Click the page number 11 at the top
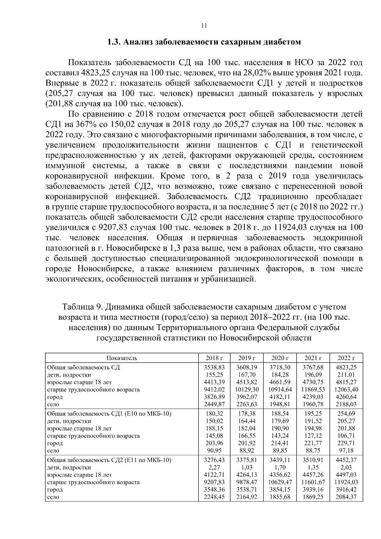(x=204, y=26)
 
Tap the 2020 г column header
(x=280, y=358)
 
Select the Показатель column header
(x=122, y=358)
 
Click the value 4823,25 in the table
(x=347, y=367)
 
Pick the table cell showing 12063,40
(x=347, y=389)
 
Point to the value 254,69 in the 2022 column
(x=347, y=414)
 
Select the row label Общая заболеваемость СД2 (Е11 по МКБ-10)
(x=109, y=460)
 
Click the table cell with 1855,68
(x=280, y=497)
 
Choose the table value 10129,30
(x=247, y=389)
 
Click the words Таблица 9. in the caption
(x=82, y=307)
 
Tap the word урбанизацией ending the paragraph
(x=229, y=279)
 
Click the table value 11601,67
(x=313, y=482)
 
